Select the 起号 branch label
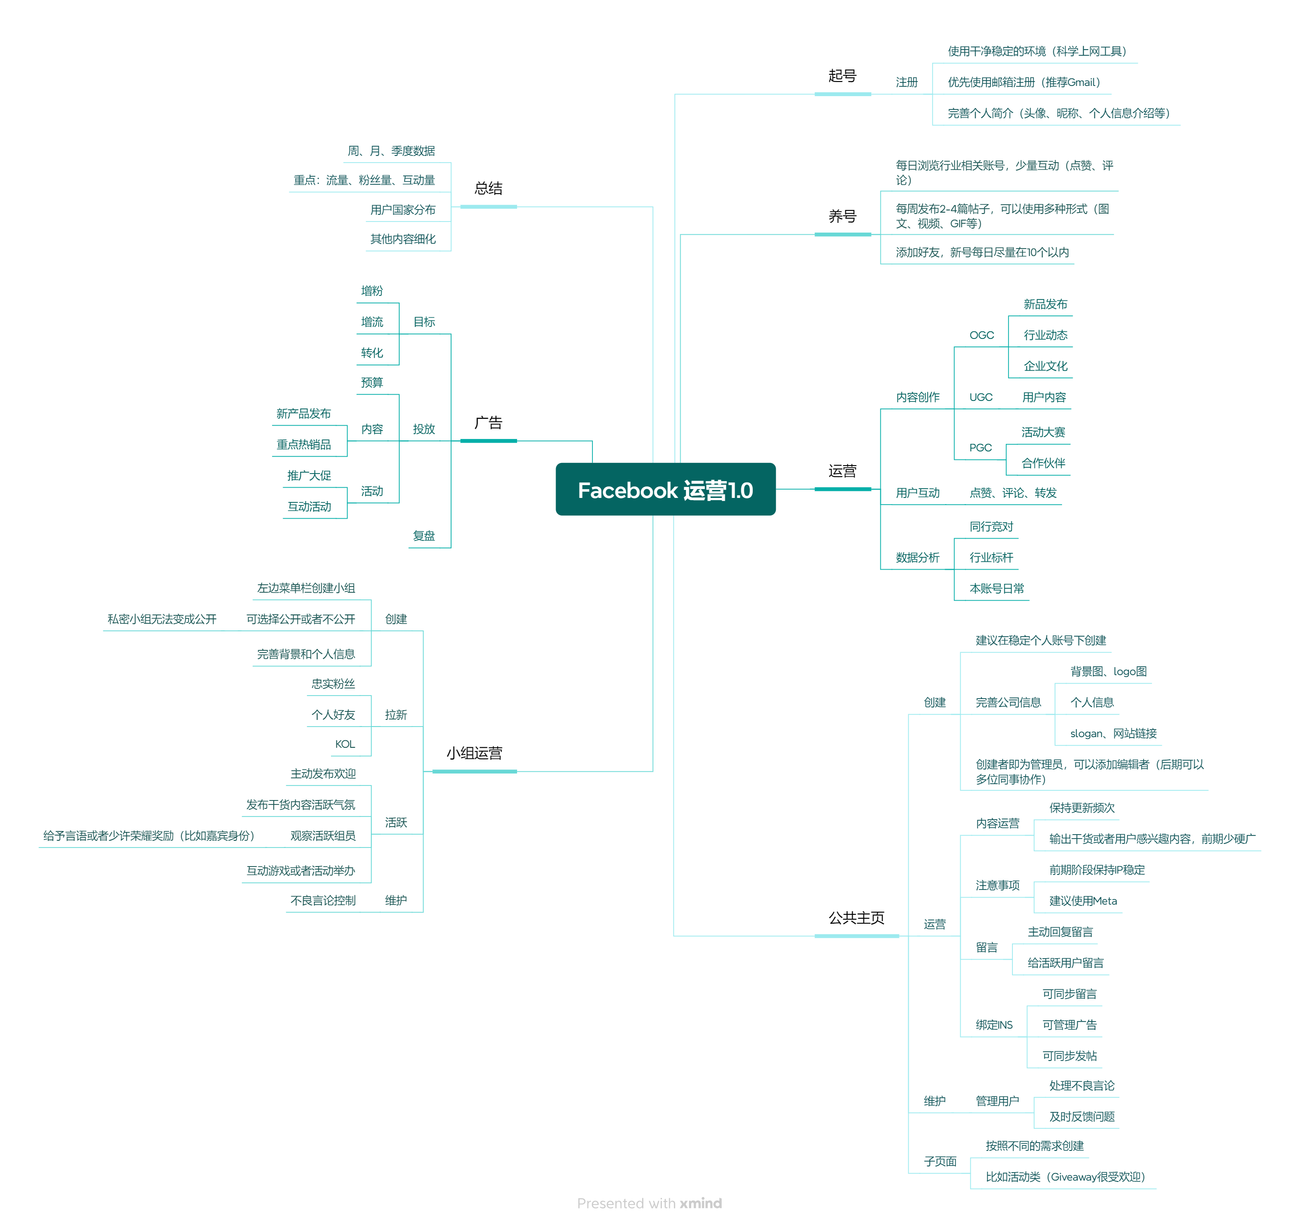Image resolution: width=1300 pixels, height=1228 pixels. pyautogui.click(x=842, y=76)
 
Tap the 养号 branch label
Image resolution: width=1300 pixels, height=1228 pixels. pyautogui.click(x=842, y=216)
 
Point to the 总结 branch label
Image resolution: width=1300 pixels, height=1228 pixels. pyautogui.click(x=488, y=189)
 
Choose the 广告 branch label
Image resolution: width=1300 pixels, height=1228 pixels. pyautogui.click(x=488, y=423)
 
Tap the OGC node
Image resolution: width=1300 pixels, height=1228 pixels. pyautogui.click(x=981, y=335)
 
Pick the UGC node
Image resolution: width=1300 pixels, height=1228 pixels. pyautogui.click(x=981, y=397)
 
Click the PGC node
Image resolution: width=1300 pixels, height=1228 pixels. pyautogui.click(x=980, y=448)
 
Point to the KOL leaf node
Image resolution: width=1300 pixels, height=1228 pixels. pyautogui.click(x=345, y=744)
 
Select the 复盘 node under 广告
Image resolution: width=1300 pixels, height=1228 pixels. pyautogui.click(x=424, y=536)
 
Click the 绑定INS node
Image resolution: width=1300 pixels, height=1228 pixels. pyautogui.click(x=994, y=1025)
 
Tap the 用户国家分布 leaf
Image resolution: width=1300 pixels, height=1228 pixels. pyautogui.click(x=403, y=210)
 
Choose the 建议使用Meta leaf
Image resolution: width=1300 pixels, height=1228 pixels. pyautogui.click(x=1083, y=902)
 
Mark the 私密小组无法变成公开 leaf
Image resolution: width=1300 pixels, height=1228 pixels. pyautogui.click(x=162, y=619)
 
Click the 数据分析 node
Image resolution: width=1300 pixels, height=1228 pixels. pyautogui.click(x=917, y=558)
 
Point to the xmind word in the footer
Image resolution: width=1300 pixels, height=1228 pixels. pyautogui.click(x=701, y=1203)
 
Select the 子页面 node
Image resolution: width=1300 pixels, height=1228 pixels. pyautogui.click(x=940, y=1162)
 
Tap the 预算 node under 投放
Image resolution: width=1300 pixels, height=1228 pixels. pyautogui.click(x=372, y=383)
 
